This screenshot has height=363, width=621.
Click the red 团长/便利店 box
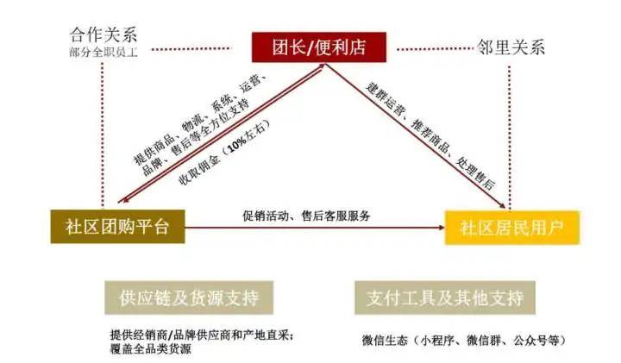point(319,47)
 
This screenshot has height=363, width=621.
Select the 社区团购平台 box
point(117,227)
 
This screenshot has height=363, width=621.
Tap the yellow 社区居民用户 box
point(512,228)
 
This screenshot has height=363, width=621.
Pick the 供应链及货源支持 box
point(189,297)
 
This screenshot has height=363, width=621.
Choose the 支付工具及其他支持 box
point(445,297)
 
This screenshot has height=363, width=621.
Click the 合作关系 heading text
point(103,34)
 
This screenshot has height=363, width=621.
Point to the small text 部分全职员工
point(103,52)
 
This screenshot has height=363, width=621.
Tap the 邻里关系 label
point(511,47)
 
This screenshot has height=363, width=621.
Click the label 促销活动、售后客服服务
point(306,216)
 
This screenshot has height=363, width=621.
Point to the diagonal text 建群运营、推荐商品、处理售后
point(430,135)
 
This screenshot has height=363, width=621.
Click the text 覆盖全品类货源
point(150,348)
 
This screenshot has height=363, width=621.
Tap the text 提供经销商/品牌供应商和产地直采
point(202,335)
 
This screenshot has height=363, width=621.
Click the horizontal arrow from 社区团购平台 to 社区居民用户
point(315,228)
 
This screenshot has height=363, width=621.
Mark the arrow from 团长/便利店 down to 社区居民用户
point(416,135)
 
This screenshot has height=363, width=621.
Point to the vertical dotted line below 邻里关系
point(510,137)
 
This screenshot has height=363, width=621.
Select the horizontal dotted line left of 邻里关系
point(435,49)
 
